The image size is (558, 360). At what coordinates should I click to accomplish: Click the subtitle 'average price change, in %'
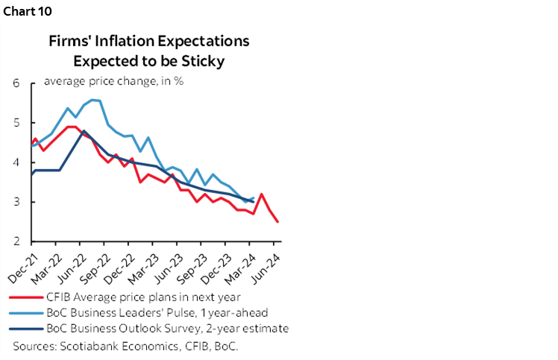(113, 81)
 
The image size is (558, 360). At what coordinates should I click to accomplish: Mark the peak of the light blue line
(93, 99)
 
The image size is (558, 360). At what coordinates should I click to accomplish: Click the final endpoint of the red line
(278, 221)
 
